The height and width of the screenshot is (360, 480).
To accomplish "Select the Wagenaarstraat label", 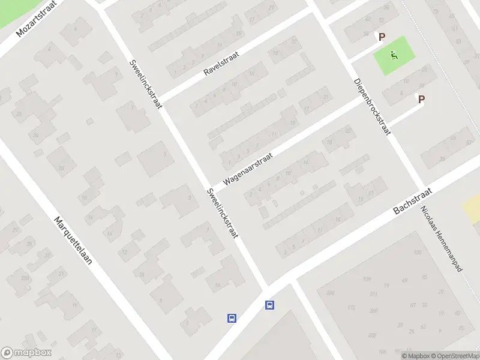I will pos(248,168).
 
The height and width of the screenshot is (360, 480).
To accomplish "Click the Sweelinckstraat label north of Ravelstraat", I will pos(146,84).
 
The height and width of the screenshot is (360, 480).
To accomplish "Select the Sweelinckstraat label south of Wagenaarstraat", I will pos(222,213).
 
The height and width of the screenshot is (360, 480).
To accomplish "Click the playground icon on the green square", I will pos(394,56).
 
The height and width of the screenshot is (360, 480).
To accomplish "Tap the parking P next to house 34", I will pos(380,37).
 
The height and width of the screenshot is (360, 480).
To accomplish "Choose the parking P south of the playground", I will pos(421,100).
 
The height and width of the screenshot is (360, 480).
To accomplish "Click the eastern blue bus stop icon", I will pos(270,305).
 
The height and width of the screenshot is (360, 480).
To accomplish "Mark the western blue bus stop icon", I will pos(232,318).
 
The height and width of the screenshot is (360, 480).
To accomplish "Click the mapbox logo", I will pos(25,353).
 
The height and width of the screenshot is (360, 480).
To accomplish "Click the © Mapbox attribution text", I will pos(415,356).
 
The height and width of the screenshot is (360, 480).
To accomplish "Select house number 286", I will pos(374,311).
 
